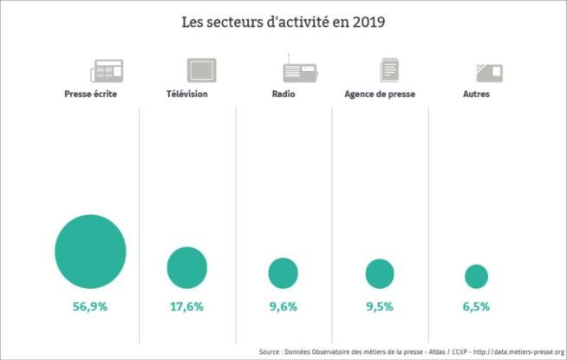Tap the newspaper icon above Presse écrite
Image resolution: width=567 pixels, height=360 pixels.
pos(107,70)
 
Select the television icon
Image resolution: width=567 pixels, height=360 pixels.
pos(201,70)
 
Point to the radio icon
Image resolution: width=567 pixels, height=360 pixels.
pos(297,69)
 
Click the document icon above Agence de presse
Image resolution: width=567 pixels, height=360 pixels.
pos(390,70)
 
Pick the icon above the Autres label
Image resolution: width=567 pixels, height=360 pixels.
pos(490,71)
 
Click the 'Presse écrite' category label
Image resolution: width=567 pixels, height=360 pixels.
pos(91,94)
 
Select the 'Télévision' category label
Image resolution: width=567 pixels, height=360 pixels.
pos(187,94)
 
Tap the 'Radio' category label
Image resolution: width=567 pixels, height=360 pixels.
pos(283,94)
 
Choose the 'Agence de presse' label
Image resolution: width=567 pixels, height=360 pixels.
pos(379,94)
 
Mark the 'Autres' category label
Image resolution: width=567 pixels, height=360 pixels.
pos(476,94)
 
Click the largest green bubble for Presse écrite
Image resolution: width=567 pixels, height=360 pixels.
pos(90,251)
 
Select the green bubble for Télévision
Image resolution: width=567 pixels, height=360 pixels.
pos(187,267)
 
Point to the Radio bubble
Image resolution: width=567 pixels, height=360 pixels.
pos(283,273)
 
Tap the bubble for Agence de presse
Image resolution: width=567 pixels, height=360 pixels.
pos(380,273)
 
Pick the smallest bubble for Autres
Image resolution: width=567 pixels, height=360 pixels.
pos(476,277)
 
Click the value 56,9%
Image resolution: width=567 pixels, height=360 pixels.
pos(90,306)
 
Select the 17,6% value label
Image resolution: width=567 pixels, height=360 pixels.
pos(187,306)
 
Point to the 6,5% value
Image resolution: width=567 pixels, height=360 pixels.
pos(476,306)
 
